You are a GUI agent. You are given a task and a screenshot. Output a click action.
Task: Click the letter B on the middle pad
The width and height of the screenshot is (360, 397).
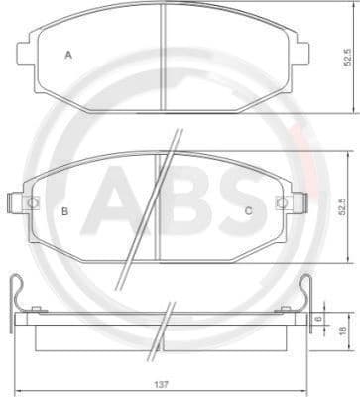click(x=64, y=210)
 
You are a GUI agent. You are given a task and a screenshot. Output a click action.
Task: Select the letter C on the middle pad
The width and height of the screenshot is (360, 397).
click(x=248, y=210)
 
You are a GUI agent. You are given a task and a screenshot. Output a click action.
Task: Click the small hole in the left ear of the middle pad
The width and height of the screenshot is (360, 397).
click(x=33, y=203)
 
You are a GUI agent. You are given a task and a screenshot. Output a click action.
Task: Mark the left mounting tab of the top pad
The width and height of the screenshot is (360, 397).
click(x=26, y=52)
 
